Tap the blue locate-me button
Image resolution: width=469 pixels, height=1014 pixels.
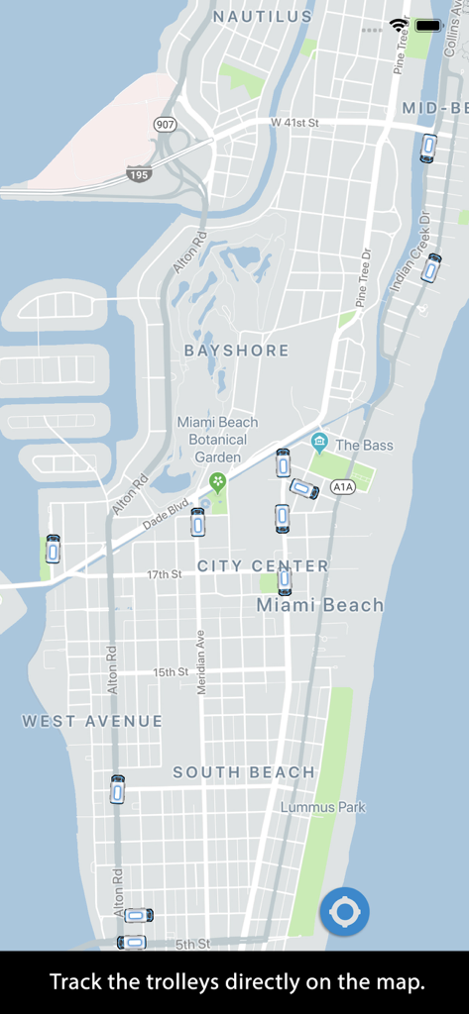(x=344, y=911)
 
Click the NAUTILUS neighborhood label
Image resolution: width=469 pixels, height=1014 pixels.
(x=263, y=17)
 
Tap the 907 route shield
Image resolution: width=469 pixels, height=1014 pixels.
(x=165, y=125)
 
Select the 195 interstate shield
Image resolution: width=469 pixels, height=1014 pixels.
(x=140, y=174)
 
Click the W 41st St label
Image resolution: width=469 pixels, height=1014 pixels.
(x=293, y=122)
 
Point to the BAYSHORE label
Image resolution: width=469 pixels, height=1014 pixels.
(x=237, y=351)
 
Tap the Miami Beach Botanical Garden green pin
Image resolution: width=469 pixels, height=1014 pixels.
(x=217, y=482)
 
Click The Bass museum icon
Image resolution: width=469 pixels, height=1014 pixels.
(x=319, y=442)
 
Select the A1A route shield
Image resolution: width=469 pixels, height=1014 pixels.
(x=343, y=486)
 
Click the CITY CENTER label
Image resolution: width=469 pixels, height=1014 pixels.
(x=263, y=565)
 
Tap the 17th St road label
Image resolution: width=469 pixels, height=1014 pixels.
(x=165, y=574)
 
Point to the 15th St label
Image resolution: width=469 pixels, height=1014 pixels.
(x=171, y=672)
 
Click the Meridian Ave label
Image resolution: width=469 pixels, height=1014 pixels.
(x=201, y=661)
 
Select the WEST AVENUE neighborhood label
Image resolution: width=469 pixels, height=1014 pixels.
(x=92, y=721)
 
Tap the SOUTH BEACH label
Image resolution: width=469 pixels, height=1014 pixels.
(x=244, y=772)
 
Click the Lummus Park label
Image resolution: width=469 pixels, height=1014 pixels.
(x=322, y=807)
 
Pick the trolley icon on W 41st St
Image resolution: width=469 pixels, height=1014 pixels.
(x=428, y=148)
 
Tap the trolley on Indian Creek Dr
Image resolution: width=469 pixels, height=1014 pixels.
(x=431, y=267)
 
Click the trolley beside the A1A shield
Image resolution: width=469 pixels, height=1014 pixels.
(x=303, y=488)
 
